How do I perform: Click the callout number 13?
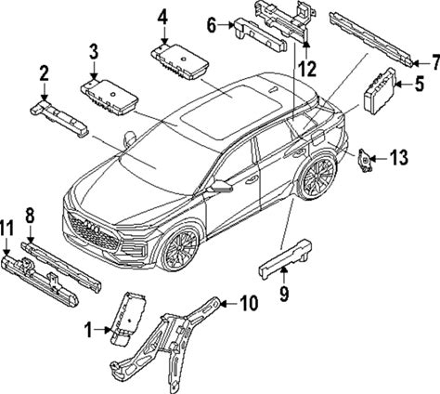pyautogui.click(x=398, y=158)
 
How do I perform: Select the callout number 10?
pyautogui.click(x=249, y=303)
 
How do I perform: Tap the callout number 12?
pyautogui.click(x=307, y=69)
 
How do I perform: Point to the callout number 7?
pyautogui.click(x=435, y=62)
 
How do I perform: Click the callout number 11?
pyautogui.click(x=6, y=229)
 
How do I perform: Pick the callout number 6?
pyautogui.click(x=212, y=25)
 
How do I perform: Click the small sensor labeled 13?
pyautogui.click(x=365, y=160)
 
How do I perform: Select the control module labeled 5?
pyautogui.click(x=380, y=91)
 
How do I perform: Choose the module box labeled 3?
pyautogui.click(x=110, y=98)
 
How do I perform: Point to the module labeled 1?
pyautogui.click(x=128, y=318)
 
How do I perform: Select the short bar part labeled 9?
pyautogui.click(x=285, y=259)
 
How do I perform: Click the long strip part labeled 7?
pyautogui.click(x=371, y=39)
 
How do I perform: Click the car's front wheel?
pyautogui.click(x=179, y=249)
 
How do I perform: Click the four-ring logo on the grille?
pyautogui.click(x=92, y=228)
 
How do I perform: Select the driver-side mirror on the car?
pyautogui.click(x=220, y=186)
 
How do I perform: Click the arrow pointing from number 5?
pyautogui.click(x=404, y=84)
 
